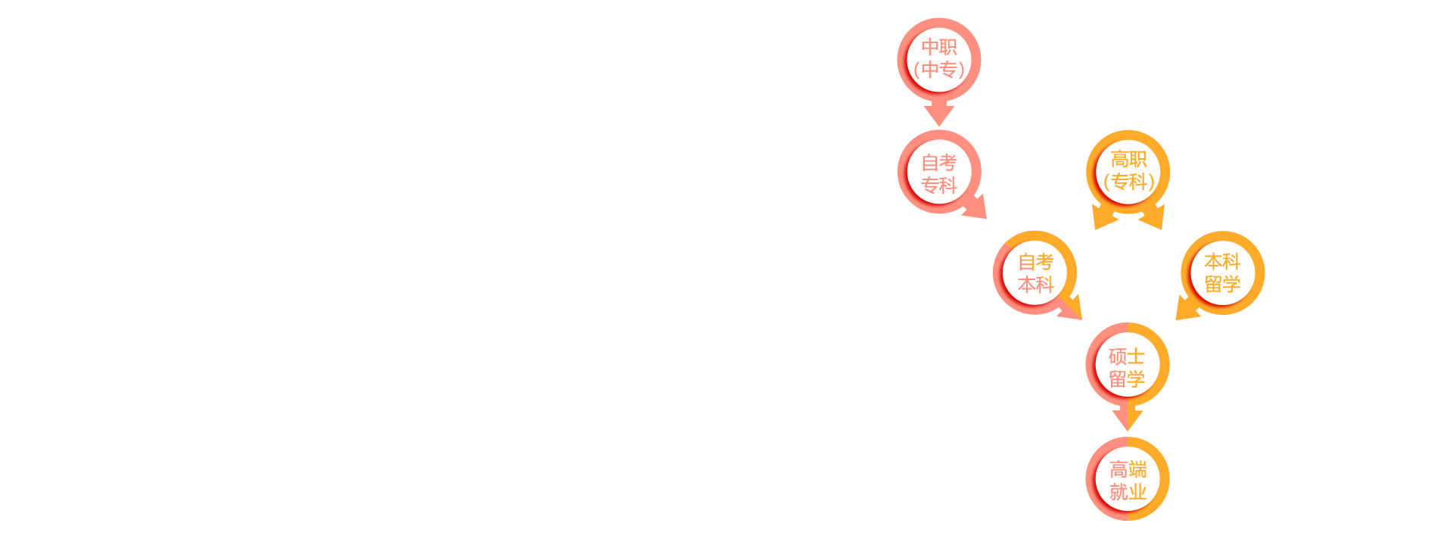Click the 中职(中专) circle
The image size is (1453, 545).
pos(939,60)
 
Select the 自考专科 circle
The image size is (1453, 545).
pos(939,172)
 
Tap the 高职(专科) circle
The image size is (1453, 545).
pos(1128,172)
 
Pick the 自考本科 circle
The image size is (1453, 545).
pos(1035,272)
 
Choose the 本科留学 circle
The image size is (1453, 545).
pos(1223,272)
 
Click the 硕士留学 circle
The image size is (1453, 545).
pos(1128,365)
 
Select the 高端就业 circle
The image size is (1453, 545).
pos(1128,478)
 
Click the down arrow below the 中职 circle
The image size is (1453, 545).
pos(939,114)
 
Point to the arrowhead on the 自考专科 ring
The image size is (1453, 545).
pos(976,207)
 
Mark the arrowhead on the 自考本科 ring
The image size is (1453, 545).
pos(1072,308)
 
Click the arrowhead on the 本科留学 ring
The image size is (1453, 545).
pos(1187,308)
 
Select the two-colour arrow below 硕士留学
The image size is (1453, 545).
pos(1128,419)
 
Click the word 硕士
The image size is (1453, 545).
pos(1128,356)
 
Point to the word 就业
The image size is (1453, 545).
pos(1128,492)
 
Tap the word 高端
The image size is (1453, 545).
pos(1128,469)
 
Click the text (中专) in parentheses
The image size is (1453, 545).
pos(939,70)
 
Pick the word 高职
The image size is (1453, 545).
pos(1129,159)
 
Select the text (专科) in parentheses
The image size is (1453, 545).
pos(1129,182)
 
